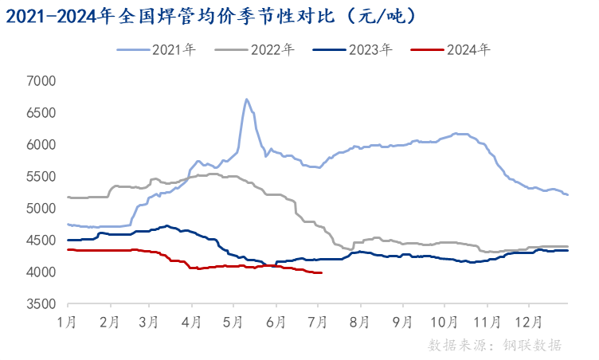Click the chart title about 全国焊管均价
[212, 15]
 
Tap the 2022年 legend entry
[256, 49]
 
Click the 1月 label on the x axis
[69, 323]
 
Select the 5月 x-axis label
[234, 323]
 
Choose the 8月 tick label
[359, 323]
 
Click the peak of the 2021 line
[247, 100]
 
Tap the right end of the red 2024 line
[321, 273]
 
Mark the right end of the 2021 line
[567, 194]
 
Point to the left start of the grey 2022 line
[69, 197]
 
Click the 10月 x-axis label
[443, 323]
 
